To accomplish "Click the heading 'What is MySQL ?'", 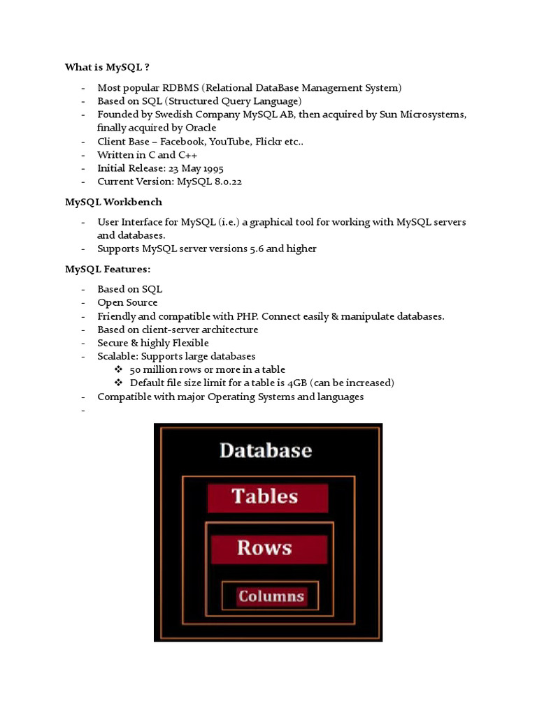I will click(107, 67).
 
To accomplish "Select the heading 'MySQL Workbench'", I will click(113, 202).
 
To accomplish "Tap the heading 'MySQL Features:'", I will click(108, 269).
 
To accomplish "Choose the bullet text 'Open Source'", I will click(127, 302).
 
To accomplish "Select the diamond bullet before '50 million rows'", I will click(118, 369).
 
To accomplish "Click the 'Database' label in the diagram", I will click(266, 450).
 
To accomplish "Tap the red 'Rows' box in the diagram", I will click(265, 548).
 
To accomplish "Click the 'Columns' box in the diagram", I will click(271, 596).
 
